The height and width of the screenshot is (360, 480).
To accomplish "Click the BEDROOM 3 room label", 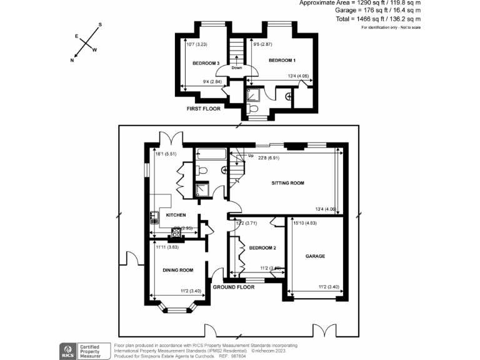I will click(x=205, y=63).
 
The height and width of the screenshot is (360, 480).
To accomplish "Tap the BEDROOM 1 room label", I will click(x=282, y=60).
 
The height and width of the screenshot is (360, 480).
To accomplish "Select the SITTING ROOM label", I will click(x=287, y=183).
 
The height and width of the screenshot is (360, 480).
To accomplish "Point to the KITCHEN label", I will click(x=177, y=215).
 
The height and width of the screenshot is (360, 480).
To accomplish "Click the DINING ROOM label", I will click(x=177, y=270).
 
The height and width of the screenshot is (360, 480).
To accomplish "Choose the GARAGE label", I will click(x=315, y=256).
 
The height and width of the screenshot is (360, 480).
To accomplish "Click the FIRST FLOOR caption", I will click(x=205, y=109).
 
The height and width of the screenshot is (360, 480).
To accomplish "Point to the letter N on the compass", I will click(x=72, y=61).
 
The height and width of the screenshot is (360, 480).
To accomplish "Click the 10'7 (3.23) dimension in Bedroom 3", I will click(x=199, y=44).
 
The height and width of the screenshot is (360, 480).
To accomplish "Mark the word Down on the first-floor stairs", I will click(x=237, y=67).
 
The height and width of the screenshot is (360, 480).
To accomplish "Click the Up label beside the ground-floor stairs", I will click(x=251, y=155).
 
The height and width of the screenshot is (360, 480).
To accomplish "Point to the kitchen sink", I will click(x=154, y=217).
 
